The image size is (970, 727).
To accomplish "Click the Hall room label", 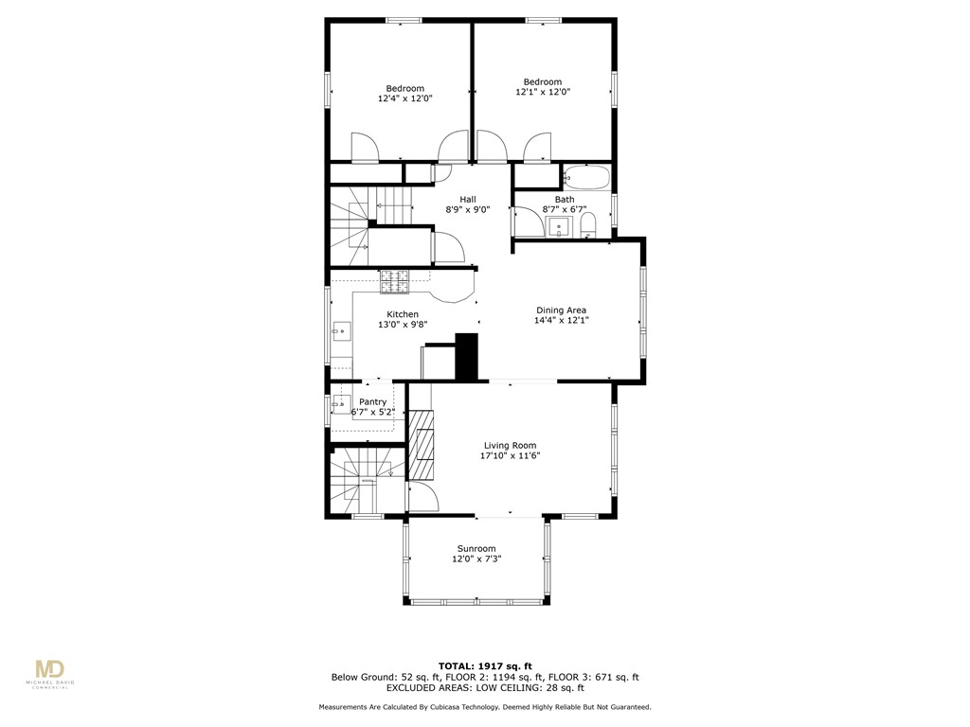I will coord(467,199).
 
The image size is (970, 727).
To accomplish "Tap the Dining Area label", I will coord(561,310).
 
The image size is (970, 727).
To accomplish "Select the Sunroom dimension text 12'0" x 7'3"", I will coord(476,559).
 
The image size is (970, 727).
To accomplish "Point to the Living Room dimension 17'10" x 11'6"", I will coord(511,455).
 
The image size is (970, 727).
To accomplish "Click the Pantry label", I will coord(372,401).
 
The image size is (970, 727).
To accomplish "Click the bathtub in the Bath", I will coord(586,177).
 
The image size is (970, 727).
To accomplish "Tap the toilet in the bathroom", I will coord(587,225).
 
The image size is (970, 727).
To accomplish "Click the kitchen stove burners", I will coord(395,280).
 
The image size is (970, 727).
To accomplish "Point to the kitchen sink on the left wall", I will coord(340,331).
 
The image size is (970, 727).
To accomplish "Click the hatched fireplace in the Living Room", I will coord(420,446).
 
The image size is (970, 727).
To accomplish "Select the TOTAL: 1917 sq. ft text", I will coord(484,665).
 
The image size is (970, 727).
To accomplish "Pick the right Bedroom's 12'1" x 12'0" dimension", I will coord(543,92).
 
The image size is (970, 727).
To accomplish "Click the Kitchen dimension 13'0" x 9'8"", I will coord(403,325).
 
